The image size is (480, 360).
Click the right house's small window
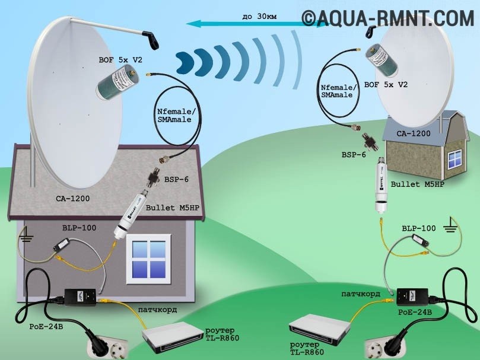coord(454,157)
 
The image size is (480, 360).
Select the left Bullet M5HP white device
coord(138,211)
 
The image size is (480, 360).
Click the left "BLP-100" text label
coord(79,227)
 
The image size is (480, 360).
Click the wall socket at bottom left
coord(101,346)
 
